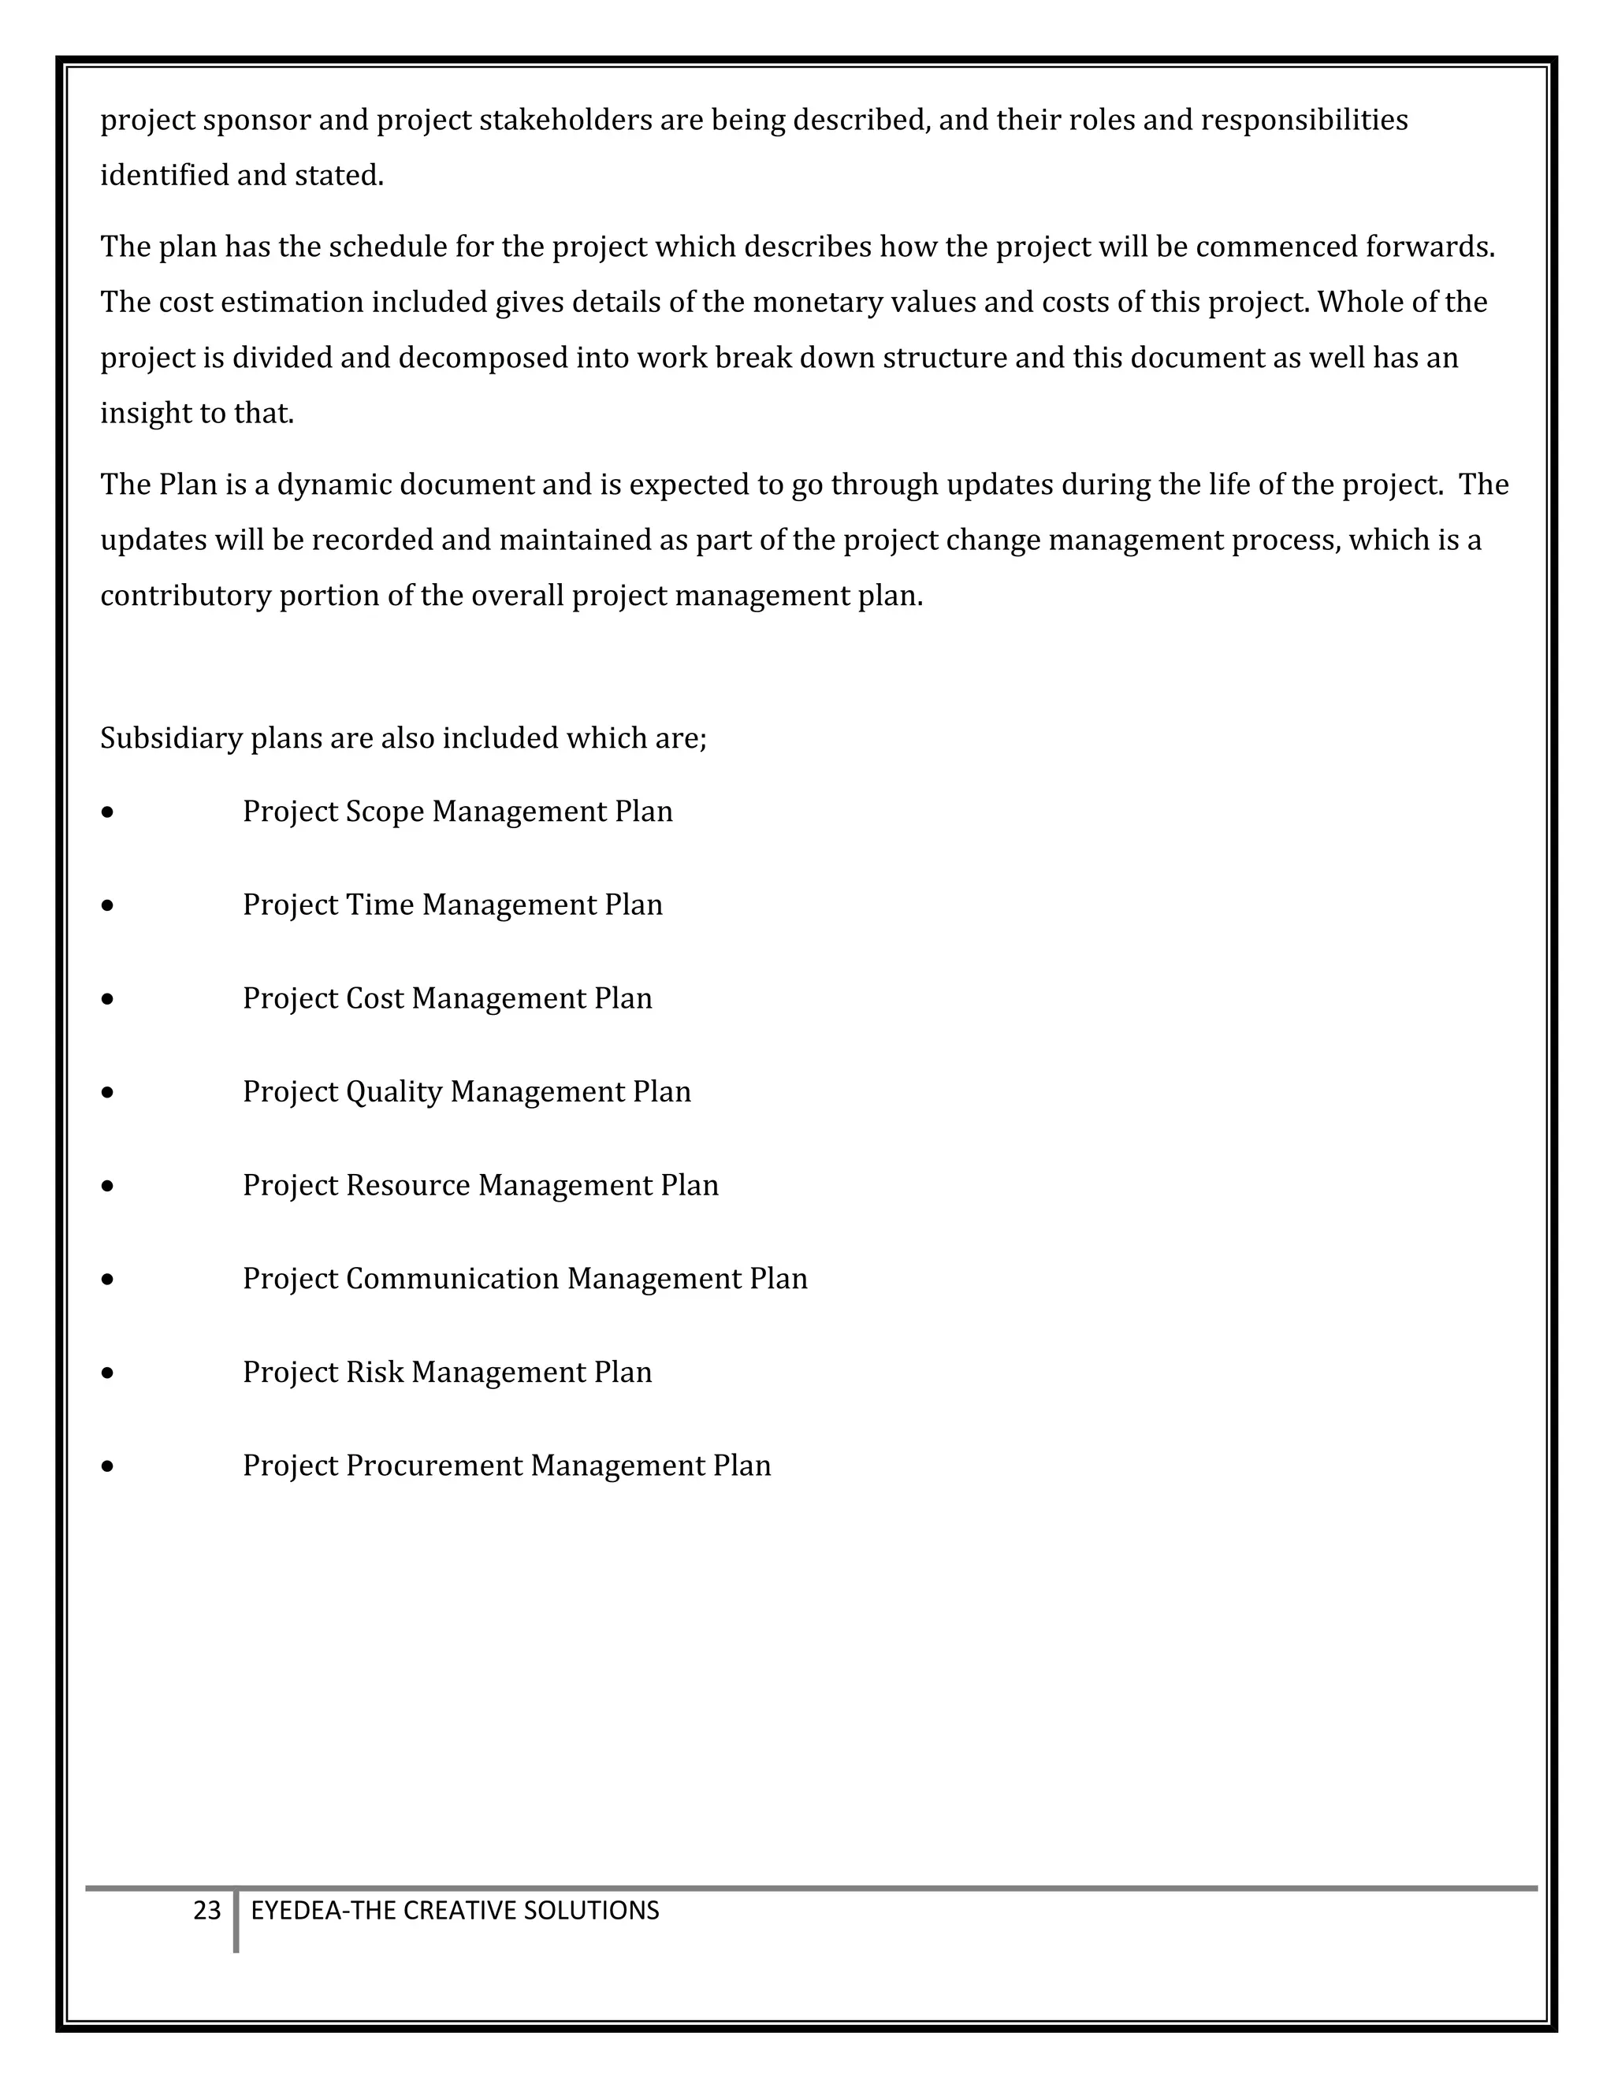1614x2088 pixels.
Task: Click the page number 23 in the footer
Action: pos(206,1910)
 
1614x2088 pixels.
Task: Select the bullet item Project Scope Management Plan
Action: pos(457,812)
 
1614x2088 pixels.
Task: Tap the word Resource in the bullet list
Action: pos(407,1186)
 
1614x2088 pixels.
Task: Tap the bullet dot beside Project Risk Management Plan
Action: pos(107,1373)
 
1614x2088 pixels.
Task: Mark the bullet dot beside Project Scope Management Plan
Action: pos(107,812)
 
